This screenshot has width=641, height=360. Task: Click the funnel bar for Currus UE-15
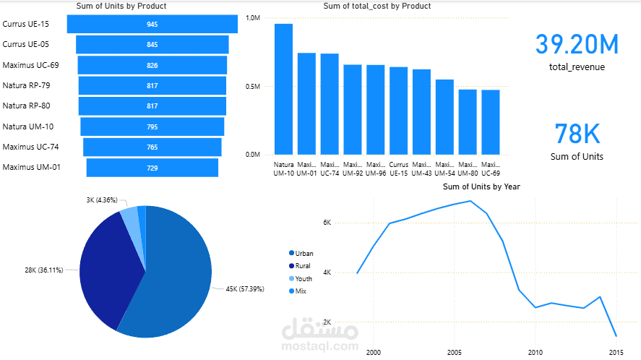click(x=152, y=24)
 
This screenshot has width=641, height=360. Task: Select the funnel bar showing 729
click(x=152, y=168)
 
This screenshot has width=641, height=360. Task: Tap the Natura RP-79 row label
click(x=27, y=85)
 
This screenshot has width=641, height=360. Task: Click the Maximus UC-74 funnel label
click(x=30, y=147)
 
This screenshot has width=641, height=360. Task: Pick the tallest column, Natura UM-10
click(x=283, y=89)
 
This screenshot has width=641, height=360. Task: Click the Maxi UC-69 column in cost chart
click(x=490, y=121)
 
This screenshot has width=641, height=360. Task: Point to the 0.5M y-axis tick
click(x=252, y=87)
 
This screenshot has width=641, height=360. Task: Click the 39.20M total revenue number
click(x=577, y=44)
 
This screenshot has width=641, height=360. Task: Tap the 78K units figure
click(x=577, y=134)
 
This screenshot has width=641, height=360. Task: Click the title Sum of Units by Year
click(x=481, y=187)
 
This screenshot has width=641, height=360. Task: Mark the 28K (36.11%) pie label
click(x=43, y=270)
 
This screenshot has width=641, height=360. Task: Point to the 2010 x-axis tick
click(x=535, y=352)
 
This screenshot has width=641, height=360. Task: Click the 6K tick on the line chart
click(x=327, y=223)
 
